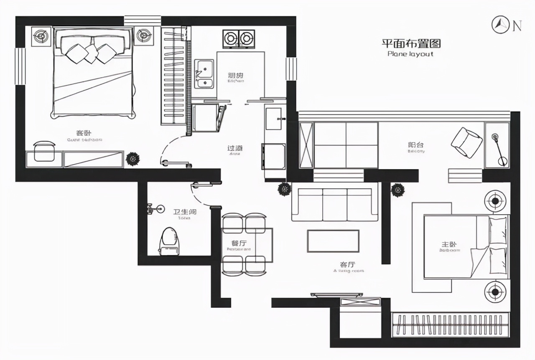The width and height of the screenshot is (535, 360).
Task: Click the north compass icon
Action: click(499, 25)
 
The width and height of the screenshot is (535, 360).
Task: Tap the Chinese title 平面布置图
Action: click(411, 43)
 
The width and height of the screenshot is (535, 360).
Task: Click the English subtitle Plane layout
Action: click(410, 54)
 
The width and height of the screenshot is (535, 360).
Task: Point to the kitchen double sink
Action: click(205, 74)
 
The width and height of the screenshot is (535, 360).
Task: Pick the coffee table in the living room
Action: click(333, 241)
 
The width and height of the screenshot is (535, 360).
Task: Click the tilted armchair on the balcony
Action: click(466, 142)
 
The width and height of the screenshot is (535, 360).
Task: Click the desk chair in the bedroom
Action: click(44, 151)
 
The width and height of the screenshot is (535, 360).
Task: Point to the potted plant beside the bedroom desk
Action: click(133, 159)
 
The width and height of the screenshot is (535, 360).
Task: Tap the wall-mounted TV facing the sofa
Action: click(337, 294)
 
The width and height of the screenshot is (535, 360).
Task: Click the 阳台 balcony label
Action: click(416, 145)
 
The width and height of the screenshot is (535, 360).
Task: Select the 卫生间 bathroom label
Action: click(185, 211)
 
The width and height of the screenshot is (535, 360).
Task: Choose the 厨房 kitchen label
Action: click(236, 76)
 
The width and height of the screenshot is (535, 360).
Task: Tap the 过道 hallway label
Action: click(235, 148)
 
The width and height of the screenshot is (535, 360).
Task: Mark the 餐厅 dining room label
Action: click(238, 243)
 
